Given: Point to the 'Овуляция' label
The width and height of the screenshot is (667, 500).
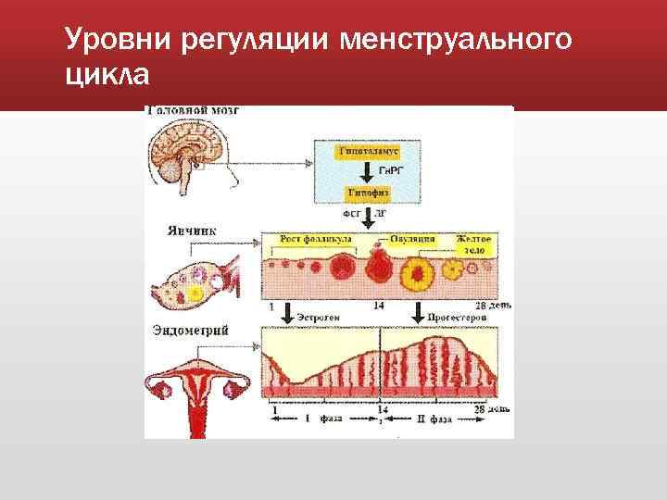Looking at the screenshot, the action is (412, 238).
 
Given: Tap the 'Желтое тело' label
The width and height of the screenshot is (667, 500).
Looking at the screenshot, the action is (475, 244).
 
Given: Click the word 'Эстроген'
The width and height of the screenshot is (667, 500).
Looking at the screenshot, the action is (320, 317).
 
